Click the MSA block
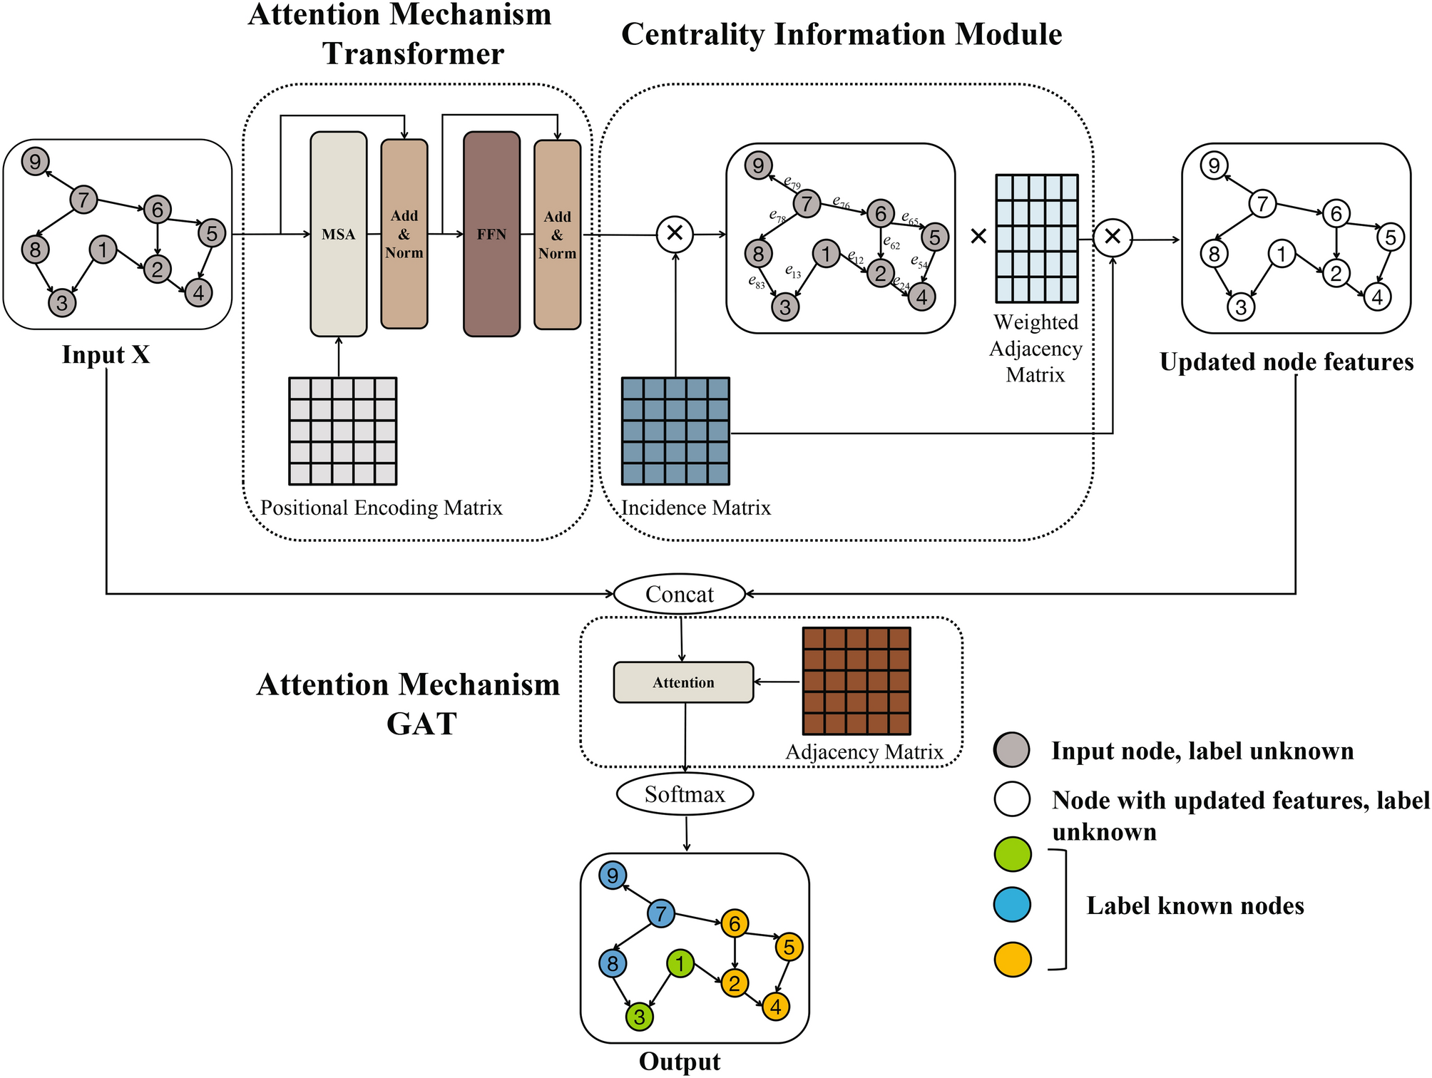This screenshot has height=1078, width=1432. coord(339,234)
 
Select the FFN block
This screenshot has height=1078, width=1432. coord(492,234)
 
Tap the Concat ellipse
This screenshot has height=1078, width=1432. coord(680,594)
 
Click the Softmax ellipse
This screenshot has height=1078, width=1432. coord(685,794)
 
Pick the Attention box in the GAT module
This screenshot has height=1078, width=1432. coord(684,682)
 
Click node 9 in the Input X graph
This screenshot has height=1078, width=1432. coord(35,161)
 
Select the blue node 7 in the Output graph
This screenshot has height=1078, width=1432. coord(661,913)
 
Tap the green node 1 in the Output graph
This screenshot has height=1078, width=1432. coord(680,964)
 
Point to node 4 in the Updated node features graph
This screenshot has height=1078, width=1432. coord(1378,297)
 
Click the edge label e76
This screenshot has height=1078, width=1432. coord(842,203)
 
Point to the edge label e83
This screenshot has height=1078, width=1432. coord(757,282)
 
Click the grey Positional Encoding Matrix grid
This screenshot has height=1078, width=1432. coord(342,431)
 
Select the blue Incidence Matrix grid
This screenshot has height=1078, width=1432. coord(676,431)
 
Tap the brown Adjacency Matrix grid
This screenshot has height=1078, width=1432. coord(856,681)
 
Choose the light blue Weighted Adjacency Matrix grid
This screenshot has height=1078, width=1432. coord(1037,239)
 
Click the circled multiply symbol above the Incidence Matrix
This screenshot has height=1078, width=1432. coord(675,233)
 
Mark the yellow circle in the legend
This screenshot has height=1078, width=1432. coord(1013,959)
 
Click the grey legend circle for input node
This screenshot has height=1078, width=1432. coord(1011,750)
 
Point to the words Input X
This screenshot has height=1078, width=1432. coord(106,354)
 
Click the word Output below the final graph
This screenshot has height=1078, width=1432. coord(680,1062)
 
